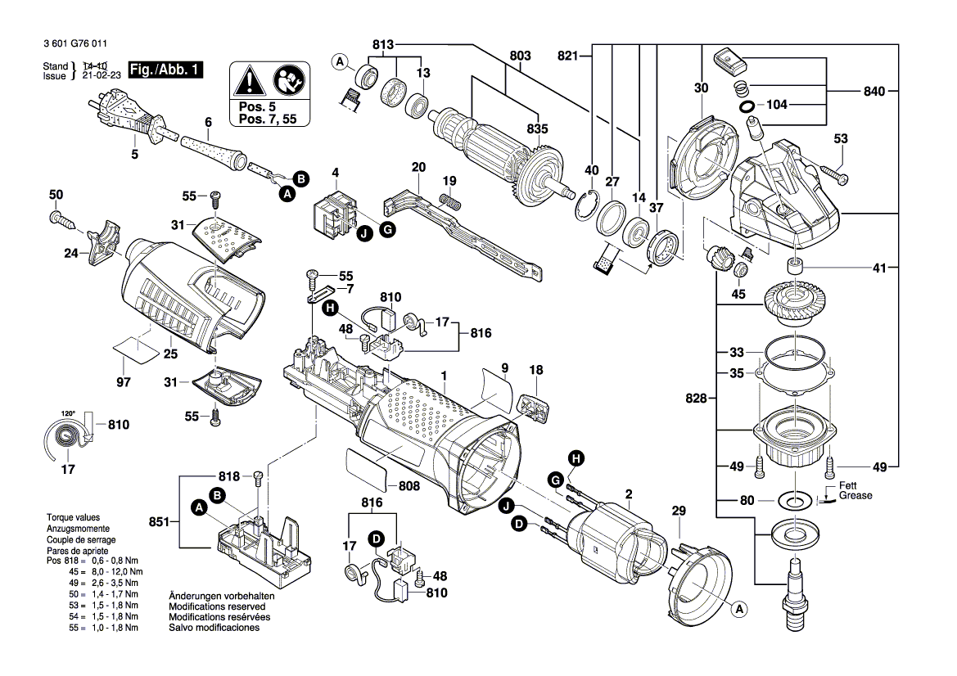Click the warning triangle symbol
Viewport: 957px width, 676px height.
(x=248, y=80)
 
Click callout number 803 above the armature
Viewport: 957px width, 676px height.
(x=520, y=56)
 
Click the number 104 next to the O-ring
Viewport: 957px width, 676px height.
(x=775, y=106)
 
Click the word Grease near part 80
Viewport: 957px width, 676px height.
(x=855, y=496)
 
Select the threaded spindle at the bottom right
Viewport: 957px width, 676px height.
(x=793, y=591)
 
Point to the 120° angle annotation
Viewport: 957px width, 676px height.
(x=67, y=412)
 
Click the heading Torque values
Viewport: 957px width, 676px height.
(x=72, y=519)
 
